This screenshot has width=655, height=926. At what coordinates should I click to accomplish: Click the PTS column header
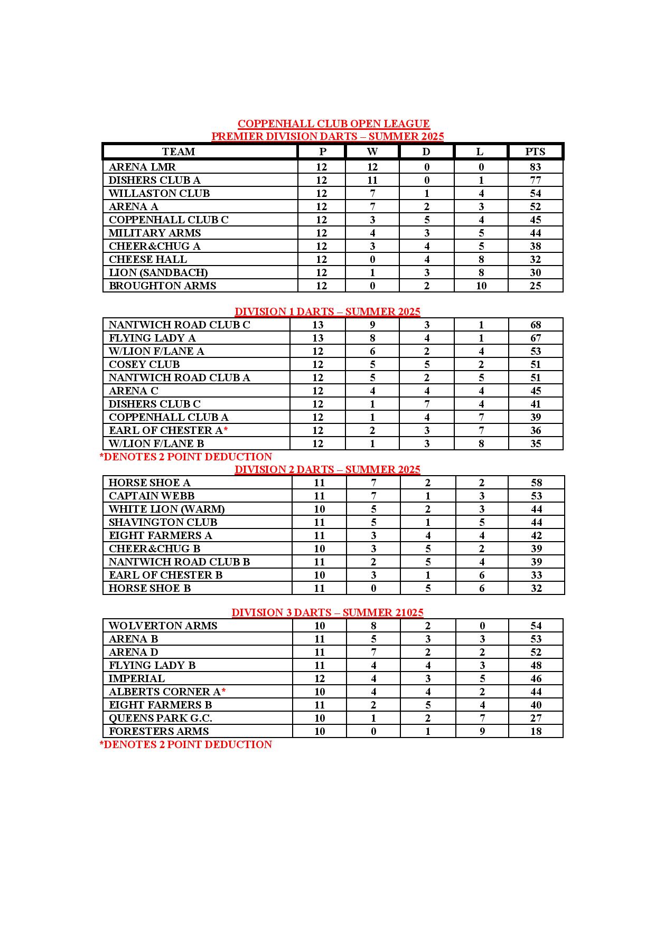tap(535, 152)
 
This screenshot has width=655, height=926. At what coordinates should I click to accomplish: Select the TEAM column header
tap(179, 152)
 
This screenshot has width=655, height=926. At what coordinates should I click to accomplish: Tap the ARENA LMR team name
tap(142, 167)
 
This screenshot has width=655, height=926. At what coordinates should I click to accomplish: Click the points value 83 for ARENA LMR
tap(535, 167)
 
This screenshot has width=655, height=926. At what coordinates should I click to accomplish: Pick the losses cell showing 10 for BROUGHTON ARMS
tap(481, 286)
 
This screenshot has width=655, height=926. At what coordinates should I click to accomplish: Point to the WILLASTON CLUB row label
tap(159, 193)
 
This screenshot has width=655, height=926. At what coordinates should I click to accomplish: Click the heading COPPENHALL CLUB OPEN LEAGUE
tap(333, 124)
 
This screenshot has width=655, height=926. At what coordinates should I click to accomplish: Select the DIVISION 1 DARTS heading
tap(327, 311)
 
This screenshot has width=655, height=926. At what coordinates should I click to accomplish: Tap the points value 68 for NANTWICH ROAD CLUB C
tap(536, 325)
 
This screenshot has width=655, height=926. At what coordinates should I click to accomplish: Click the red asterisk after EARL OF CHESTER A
tap(226, 430)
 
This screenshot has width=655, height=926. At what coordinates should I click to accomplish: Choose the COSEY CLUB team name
tap(144, 364)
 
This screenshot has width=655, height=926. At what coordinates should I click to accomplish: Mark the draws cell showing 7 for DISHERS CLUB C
tap(427, 404)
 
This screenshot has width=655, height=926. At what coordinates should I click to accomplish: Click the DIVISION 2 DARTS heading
tap(327, 469)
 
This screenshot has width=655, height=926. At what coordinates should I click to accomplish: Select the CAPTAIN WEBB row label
tap(152, 496)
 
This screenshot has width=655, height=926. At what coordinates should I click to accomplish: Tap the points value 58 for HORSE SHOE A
tap(536, 483)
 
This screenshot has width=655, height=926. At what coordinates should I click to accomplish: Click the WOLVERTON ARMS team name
tap(163, 626)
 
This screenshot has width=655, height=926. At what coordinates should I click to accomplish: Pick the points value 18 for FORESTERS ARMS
tap(536, 731)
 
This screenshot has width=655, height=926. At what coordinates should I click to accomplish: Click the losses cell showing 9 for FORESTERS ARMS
tap(482, 731)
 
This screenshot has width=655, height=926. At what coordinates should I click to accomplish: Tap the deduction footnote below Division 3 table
tap(186, 744)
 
